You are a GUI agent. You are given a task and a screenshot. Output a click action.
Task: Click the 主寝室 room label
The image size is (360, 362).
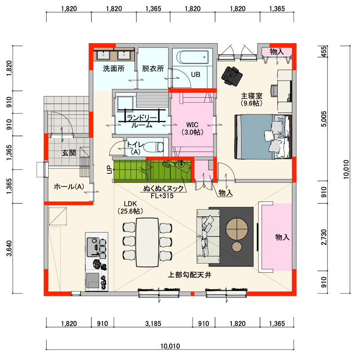click(252, 95)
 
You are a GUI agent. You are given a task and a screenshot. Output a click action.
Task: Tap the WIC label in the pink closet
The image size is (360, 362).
click(192, 125)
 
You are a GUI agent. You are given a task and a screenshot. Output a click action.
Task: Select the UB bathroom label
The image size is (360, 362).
click(195, 74)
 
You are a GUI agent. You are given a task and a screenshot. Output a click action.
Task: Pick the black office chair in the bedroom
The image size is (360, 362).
click(232, 76)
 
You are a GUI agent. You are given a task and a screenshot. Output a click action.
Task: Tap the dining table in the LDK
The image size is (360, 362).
click(147, 242)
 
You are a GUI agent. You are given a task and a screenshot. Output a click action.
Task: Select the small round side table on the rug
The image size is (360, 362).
click(237, 247)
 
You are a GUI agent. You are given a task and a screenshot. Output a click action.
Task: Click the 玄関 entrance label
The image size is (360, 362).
click(69, 153)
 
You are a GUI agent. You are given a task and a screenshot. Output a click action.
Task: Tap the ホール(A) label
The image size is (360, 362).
click(69, 186)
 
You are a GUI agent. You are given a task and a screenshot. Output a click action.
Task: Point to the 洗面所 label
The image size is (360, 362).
click(113, 68)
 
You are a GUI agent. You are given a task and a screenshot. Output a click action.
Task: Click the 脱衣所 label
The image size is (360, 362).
click(153, 68)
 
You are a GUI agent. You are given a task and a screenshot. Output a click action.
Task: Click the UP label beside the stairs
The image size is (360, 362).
click(109, 170)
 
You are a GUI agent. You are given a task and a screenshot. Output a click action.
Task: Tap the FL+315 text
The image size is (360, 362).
click(162, 196)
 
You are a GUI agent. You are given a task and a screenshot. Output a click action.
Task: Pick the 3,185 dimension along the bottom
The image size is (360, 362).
click(153, 323)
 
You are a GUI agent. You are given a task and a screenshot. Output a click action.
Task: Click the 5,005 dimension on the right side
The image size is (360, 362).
click(324, 119)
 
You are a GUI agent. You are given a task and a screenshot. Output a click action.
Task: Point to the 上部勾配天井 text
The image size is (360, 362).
click(189, 275)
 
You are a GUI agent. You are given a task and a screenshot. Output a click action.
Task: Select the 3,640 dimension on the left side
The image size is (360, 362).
click(9, 249)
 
